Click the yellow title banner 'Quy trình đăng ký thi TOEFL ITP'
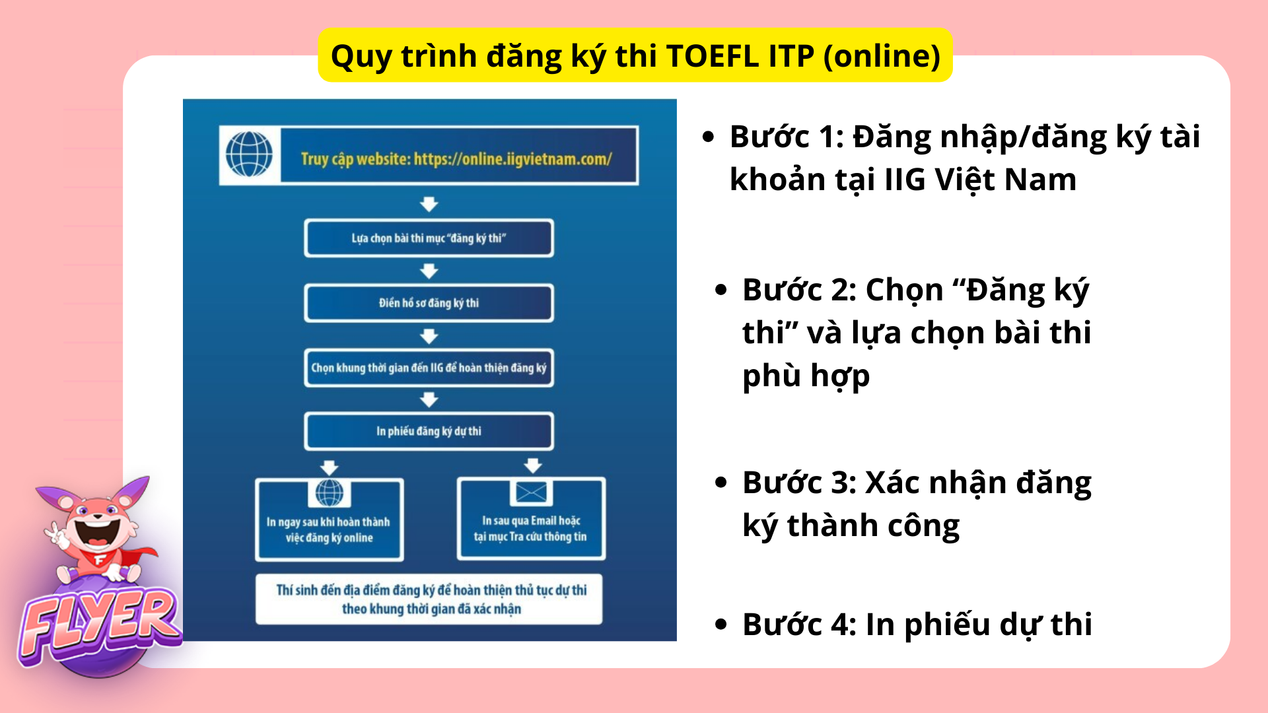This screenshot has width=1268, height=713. pos(635,55)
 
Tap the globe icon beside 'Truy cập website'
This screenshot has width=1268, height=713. pos(249,154)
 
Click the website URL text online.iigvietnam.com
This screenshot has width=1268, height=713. pos(512,159)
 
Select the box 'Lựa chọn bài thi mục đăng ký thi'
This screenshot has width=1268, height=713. pos(429,238)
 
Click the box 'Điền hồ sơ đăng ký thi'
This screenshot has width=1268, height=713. pos(429,303)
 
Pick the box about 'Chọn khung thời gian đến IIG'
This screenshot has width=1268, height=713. pos(429,368)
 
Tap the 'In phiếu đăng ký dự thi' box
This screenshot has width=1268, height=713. pos(429,431)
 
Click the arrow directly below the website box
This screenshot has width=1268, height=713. pos(429,204)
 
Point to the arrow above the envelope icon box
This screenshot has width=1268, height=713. pos(532,465)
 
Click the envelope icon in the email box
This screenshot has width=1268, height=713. pos(531,492)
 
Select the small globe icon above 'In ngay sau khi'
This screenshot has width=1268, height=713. pos(329,492)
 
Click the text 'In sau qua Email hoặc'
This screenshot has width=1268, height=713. pos(531,521)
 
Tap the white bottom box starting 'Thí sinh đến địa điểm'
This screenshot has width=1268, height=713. pos(429,599)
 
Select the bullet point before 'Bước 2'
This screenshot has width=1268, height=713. pos(721,289)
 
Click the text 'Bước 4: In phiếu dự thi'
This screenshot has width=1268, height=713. pos(917,625)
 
